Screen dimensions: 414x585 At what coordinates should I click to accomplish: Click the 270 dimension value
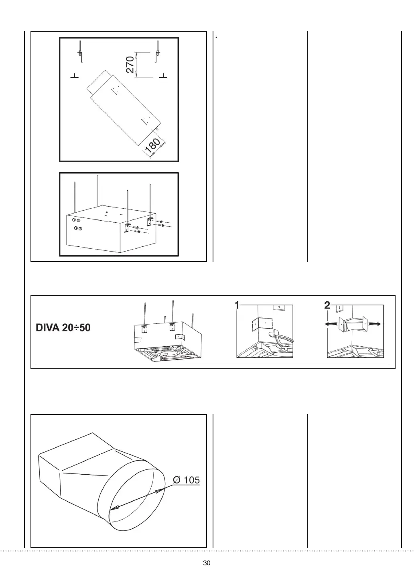(x=130, y=65)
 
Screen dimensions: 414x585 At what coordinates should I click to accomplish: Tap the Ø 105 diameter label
(x=186, y=480)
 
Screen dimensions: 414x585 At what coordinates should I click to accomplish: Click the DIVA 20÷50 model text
(x=63, y=327)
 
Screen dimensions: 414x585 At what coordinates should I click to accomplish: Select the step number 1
(x=237, y=306)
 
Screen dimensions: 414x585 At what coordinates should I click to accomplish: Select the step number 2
(x=327, y=306)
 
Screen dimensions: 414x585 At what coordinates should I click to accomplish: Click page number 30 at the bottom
(x=207, y=563)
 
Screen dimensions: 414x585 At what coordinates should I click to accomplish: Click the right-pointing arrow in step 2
(x=375, y=323)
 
